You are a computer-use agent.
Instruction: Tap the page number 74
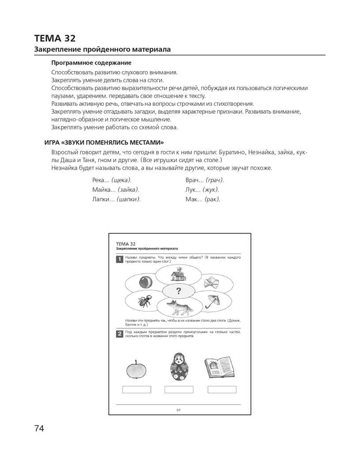(39, 428)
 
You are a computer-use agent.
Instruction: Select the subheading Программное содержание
(91, 63)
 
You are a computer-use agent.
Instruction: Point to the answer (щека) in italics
(121, 180)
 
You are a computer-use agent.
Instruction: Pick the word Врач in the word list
(193, 180)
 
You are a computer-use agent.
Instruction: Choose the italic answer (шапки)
(129, 199)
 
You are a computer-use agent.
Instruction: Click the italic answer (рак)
(212, 199)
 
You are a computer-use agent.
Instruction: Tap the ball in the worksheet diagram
(145, 281)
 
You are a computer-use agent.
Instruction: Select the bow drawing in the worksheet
(212, 281)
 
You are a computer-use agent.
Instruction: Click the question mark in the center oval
(178, 290)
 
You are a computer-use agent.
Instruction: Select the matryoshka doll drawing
(178, 366)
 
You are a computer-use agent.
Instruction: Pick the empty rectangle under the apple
(136, 389)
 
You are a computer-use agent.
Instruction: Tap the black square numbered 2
(119, 334)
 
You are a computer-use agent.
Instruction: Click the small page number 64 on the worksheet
(178, 410)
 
